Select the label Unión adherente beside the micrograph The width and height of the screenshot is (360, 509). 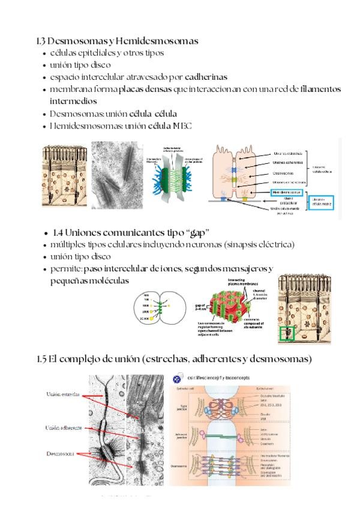(x=62, y=428)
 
